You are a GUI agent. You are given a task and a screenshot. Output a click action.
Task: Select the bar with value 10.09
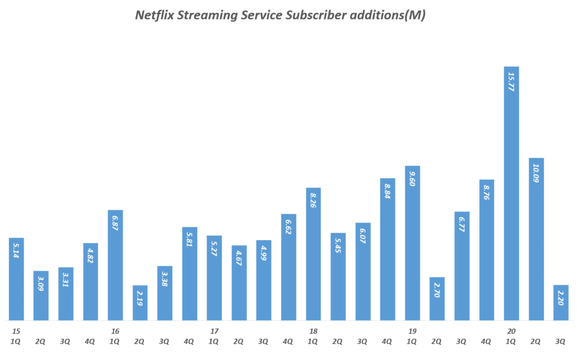536,239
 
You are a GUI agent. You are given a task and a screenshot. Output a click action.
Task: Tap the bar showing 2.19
140,303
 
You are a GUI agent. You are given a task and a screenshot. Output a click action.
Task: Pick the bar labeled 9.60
412,243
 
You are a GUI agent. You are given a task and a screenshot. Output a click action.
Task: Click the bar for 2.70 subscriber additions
437,299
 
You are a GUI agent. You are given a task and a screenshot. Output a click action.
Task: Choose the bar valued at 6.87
115,265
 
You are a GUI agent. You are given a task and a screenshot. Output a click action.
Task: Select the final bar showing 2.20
561,303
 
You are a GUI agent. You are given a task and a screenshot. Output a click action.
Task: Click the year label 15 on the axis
16,331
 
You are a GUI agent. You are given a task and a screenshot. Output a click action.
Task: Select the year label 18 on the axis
313,331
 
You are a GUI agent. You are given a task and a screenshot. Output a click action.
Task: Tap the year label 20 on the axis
511,331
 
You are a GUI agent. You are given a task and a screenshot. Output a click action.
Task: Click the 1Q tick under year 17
214,341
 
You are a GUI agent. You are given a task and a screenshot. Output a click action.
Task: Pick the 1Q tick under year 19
412,341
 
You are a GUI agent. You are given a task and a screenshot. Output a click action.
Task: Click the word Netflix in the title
154,15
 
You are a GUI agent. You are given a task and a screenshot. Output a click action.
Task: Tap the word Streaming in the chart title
208,15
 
